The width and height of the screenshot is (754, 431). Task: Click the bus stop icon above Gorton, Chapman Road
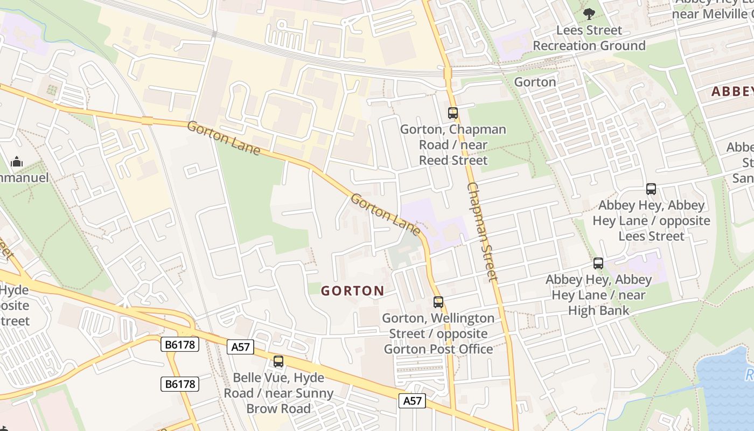(452, 113)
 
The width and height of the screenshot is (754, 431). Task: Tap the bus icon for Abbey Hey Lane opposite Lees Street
(651, 189)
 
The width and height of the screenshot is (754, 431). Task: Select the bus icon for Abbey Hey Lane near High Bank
(598, 263)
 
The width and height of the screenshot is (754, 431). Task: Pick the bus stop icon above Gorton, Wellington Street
(438, 302)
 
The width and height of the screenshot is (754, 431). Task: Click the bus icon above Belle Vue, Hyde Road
(278, 362)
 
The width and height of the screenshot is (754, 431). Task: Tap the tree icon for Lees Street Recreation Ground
(589, 13)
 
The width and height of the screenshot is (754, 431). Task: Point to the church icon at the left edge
(17, 162)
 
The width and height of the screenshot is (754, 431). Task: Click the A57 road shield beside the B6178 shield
(240, 347)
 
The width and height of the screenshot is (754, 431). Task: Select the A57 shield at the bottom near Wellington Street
(412, 400)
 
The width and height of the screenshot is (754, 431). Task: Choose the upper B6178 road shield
(180, 344)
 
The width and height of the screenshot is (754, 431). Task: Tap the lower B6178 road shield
(180, 384)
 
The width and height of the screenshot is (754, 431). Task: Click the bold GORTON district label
(353, 291)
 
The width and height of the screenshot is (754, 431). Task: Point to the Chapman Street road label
(482, 232)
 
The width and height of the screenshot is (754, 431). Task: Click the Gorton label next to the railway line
(535, 82)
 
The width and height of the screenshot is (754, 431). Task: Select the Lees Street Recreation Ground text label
(589, 38)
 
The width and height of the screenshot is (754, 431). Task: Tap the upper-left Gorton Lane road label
(224, 138)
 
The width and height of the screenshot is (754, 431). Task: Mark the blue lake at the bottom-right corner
(727, 388)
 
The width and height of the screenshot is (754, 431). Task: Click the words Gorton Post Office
(438, 349)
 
